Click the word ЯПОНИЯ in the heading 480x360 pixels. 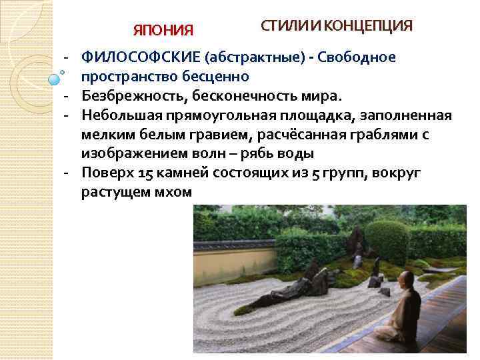point(163,31)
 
